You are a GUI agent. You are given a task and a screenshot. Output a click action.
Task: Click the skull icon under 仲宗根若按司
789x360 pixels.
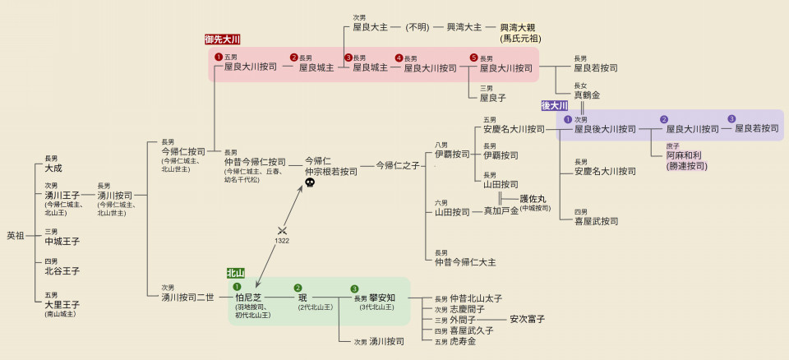pyautogui.click(x=310, y=183)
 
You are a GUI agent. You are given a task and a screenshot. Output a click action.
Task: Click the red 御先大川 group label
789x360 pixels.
pyautogui.click(x=222, y=39)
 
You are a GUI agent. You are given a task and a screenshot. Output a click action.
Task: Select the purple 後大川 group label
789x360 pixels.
pyautogui.click(x=554, y=106)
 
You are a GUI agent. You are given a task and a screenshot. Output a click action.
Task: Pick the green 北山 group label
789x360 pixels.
pyautogui.click(x=236, y=273)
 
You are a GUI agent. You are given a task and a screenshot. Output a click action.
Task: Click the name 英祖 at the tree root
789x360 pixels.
pyautogui.click(x=16, y=236)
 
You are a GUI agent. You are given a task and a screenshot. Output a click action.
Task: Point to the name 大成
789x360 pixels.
pyautogui.click(x=54, y=168)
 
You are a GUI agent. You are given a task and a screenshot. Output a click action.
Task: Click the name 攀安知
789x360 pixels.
pyautogui.click(x=382, y=298)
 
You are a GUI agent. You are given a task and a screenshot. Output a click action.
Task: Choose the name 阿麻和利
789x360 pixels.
pyautogui.click(x=685, y=155)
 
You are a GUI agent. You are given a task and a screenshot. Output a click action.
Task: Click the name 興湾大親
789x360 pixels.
pyautogui.click(x=521, y=27)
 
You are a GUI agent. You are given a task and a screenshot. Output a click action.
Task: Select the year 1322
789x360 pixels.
pyautogui.click(x=282, y=241)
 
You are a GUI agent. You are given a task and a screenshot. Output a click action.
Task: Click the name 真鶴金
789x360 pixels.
pyautogui.click(x=587, y=95)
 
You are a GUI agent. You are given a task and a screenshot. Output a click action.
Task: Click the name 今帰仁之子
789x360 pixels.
pyautogui.click(x=398, y=165)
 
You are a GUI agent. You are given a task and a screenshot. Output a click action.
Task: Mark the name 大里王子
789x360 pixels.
pyautogui.click(x=62, y=304)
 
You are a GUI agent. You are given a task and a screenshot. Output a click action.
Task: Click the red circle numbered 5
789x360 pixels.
pyautogui.click(x=473, y=58)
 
